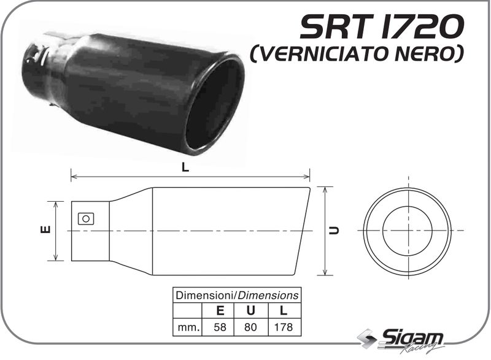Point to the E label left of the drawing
[44, 230]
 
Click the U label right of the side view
[333, 231]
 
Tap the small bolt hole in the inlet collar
[86, 218]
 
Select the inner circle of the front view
[407, 230]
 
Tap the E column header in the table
[220, 311]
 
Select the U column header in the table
[251, 311]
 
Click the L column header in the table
[284, 311]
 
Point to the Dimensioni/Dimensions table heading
[237, 295]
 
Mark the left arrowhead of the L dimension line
[74, 177]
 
